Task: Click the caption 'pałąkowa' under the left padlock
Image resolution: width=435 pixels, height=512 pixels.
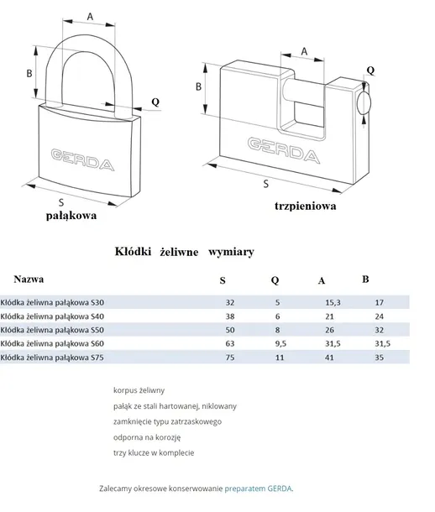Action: [x=71, y=216]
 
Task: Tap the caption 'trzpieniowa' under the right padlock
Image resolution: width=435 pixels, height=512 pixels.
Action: [x=306, y=206]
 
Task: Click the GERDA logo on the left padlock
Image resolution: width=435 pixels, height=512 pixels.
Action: [x=83, y=159]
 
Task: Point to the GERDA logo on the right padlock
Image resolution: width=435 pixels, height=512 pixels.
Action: [x=284, y=150]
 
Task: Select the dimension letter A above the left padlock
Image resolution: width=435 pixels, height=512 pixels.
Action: [x=90, y=16]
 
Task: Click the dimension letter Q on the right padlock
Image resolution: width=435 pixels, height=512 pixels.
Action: [x=370, y=71]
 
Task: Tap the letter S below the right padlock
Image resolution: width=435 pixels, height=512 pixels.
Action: [x=266, y=184]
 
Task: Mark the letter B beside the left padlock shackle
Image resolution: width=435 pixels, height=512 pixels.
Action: [x=29, y=73]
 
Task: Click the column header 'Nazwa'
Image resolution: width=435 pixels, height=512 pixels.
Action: [x=29, y=280]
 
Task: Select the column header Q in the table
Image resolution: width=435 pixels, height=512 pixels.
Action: [x=275, y=280]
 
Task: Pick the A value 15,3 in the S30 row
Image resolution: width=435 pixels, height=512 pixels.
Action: [x=333, y=303]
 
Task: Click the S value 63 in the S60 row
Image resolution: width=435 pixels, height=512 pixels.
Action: [x=230, y=343]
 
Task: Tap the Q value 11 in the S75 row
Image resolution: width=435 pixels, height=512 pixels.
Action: [x=280, y=358]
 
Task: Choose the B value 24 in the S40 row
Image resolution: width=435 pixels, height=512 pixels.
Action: [x=380, y=316]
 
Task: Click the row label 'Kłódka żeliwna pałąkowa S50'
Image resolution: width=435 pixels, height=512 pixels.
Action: [x=52, y=330]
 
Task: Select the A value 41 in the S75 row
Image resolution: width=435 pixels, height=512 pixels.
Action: [x=329, y=358]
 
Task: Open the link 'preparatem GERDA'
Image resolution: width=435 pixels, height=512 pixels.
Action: [x=258, y=488]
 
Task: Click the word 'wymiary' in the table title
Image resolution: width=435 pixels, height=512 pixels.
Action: [x=231, y=252]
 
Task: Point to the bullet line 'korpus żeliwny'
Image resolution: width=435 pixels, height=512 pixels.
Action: [x=139, y=390]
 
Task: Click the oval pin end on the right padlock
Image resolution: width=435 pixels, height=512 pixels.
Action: [x=364, y=103]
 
